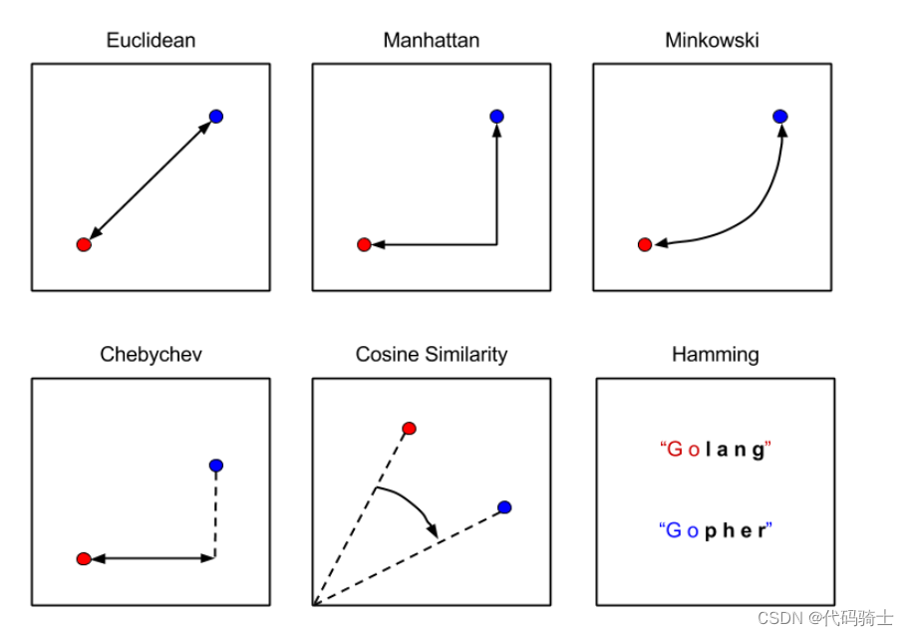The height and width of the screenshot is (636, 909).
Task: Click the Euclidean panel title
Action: point(151,41)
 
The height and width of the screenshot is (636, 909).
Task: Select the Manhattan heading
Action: point(431,41)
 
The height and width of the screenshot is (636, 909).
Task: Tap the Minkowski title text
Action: point(712,41)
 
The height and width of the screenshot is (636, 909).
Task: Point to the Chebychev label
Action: point(151,355)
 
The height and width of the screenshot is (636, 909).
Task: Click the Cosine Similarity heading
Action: point(431,355)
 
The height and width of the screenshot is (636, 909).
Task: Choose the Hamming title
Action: point(715,355)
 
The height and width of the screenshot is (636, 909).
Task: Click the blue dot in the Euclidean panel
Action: point(216,117)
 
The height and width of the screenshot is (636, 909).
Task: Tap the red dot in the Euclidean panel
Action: point(84,244)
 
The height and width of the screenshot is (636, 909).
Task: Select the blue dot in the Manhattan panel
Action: point(496,117)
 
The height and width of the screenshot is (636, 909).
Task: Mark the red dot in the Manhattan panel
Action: point(364,244)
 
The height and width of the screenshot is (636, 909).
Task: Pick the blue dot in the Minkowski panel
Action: point(780,117)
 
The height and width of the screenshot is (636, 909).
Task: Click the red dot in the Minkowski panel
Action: point(645,244)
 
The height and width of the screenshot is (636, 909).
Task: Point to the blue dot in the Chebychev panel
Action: point(216,466)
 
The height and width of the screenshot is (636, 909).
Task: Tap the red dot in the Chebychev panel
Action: point(84,558)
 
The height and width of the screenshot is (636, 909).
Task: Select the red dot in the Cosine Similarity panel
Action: point(409,429)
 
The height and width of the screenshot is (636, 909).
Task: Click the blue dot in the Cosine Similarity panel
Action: point(504,507)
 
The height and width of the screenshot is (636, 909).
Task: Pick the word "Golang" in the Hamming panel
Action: point(716,450)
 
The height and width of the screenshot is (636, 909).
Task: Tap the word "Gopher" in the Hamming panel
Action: point(716,530)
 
